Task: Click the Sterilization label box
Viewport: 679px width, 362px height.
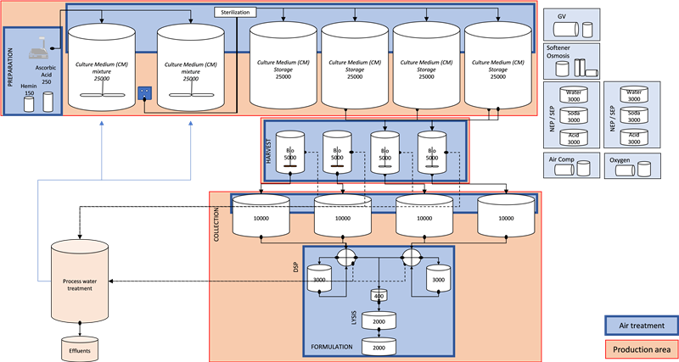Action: (234, 13)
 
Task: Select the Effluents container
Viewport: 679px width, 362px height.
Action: (79, 349)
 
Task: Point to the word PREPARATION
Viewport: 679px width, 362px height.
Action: (9, 71)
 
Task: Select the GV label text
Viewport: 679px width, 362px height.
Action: (561, 16)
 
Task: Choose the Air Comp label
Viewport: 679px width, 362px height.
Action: (561, 159)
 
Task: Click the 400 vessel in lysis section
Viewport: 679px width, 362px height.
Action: (378, 295)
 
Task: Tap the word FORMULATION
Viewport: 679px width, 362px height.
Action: (330, 348)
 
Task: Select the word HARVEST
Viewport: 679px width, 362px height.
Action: (271, 148)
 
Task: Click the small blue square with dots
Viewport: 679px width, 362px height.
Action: (143, 92)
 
